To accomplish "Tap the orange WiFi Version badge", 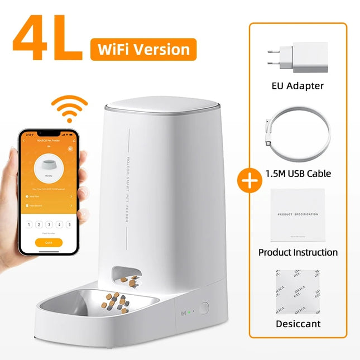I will (x=143, y=49).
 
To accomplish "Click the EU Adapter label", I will (x=297, y=85).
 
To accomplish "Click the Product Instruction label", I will (x=297, y=252).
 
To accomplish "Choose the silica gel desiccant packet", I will (x=297, y=291).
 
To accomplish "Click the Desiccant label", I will (x=297, y=324).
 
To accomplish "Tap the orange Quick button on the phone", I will (x=48, y=243).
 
